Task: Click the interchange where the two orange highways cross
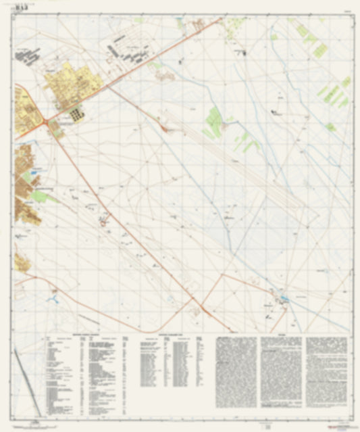tap(46, 122)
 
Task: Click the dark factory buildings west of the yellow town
tap(27, 57)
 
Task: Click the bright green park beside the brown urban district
tap(41, 196)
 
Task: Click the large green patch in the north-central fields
tap(215, 122)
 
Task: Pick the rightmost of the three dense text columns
tap(326, 372)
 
